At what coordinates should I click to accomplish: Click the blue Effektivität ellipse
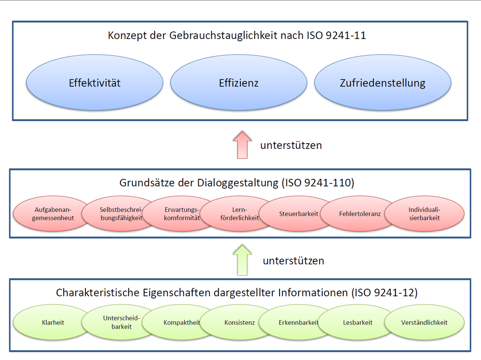(x=94, y=83)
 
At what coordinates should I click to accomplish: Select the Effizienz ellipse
(x=239, y=83)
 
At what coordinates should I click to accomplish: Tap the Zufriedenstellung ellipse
(x=382, y=83)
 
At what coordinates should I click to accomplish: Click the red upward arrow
(x=242, y=145)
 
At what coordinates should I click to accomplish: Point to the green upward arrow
(x=242, y=260)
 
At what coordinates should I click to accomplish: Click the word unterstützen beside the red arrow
(x=291, y=145)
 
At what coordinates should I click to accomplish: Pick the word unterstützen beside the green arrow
(x=294, y=260)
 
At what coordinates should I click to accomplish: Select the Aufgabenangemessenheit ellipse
(x=53, y=214)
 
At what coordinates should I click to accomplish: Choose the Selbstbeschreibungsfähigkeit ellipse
(x=122, y=214)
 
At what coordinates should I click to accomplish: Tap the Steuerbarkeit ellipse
(x=298, y=214)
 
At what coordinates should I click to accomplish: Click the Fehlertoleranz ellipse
(x=360, y=214)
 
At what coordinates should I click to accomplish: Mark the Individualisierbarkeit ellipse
(x=424, y=214)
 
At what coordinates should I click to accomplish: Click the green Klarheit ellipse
(x=53, y=322)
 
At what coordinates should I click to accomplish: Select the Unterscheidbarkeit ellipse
(x=122, y=322)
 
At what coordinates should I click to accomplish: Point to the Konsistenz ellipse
(x=240, y=322)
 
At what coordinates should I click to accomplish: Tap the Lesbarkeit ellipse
(x=357, y=322)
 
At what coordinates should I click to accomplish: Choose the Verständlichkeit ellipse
(x=424, y=322)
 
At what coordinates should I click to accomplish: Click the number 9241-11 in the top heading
(x=346, y=35)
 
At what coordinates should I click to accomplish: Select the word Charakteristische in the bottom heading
(x=98, y=292)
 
